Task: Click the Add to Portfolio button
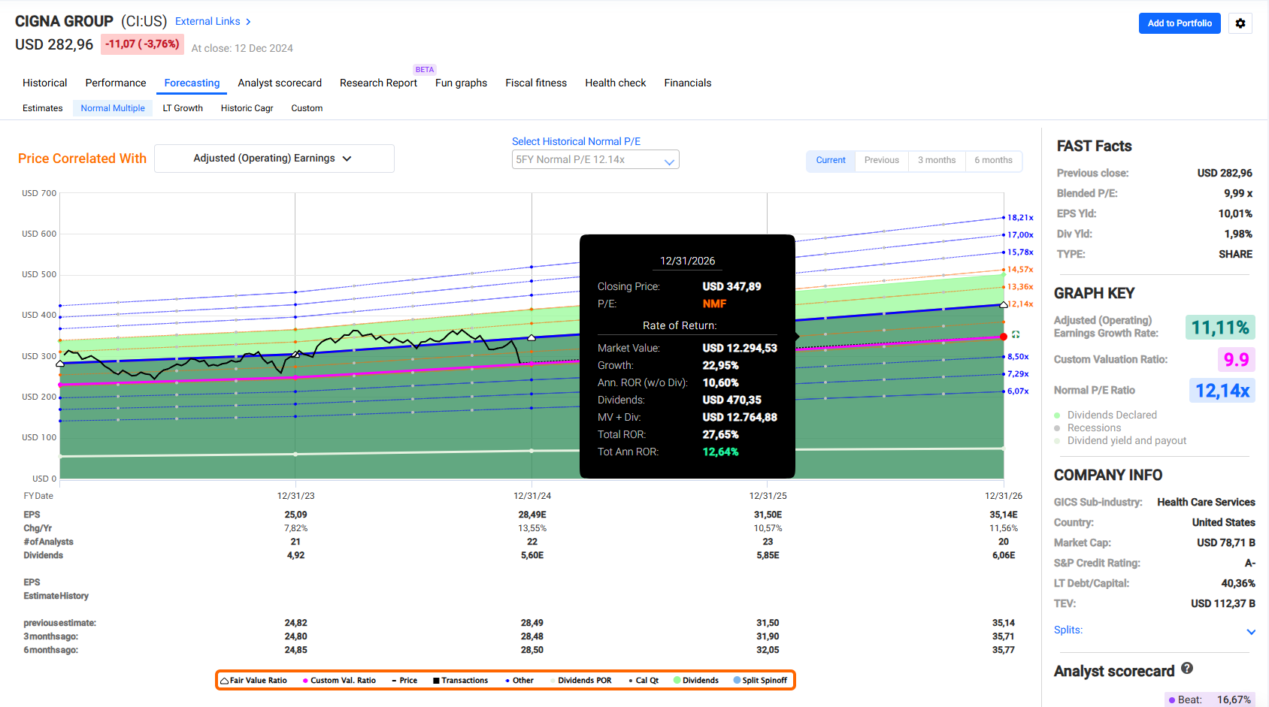pyautogui.click(x=1180, y=23)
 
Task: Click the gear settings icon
pyautogui.click(x=1240, y=23)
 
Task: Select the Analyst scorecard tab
pyautogui.click(x=280, y=83)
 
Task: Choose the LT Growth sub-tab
pyautogui.click(x=183, y=108)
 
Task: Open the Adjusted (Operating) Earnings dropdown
pyautogui.click(x=274, y=159)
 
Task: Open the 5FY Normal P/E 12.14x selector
pyautogui.click(x=595, y=159)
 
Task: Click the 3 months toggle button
pyautogui.click(x=937, y=160)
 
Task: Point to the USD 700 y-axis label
pyautogui.click(x=39, y=193)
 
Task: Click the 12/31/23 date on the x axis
pyautogui.click(x=295, y=496)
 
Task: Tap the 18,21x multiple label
pyautogui.click(x=1020, y=217)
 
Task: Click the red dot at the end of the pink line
pyautogui.click(x=1004, y=337)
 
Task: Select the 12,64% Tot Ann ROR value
pyautogui.click(x=721, y=452)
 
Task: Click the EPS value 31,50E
pyautogui.click(x=768, y=515)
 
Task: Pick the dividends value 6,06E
pyautogui.click(x=1004, y=555)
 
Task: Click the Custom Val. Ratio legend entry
pyautogui.click(x=339, y=681)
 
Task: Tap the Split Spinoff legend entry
pyautogui.click(x=760, y=681)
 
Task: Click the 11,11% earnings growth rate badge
pyautogui.click(x=1219, y=327)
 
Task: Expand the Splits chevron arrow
pyautogui.click(x=1251, y=632)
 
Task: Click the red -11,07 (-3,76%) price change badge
pyautogui.click(x=142, y=44)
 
